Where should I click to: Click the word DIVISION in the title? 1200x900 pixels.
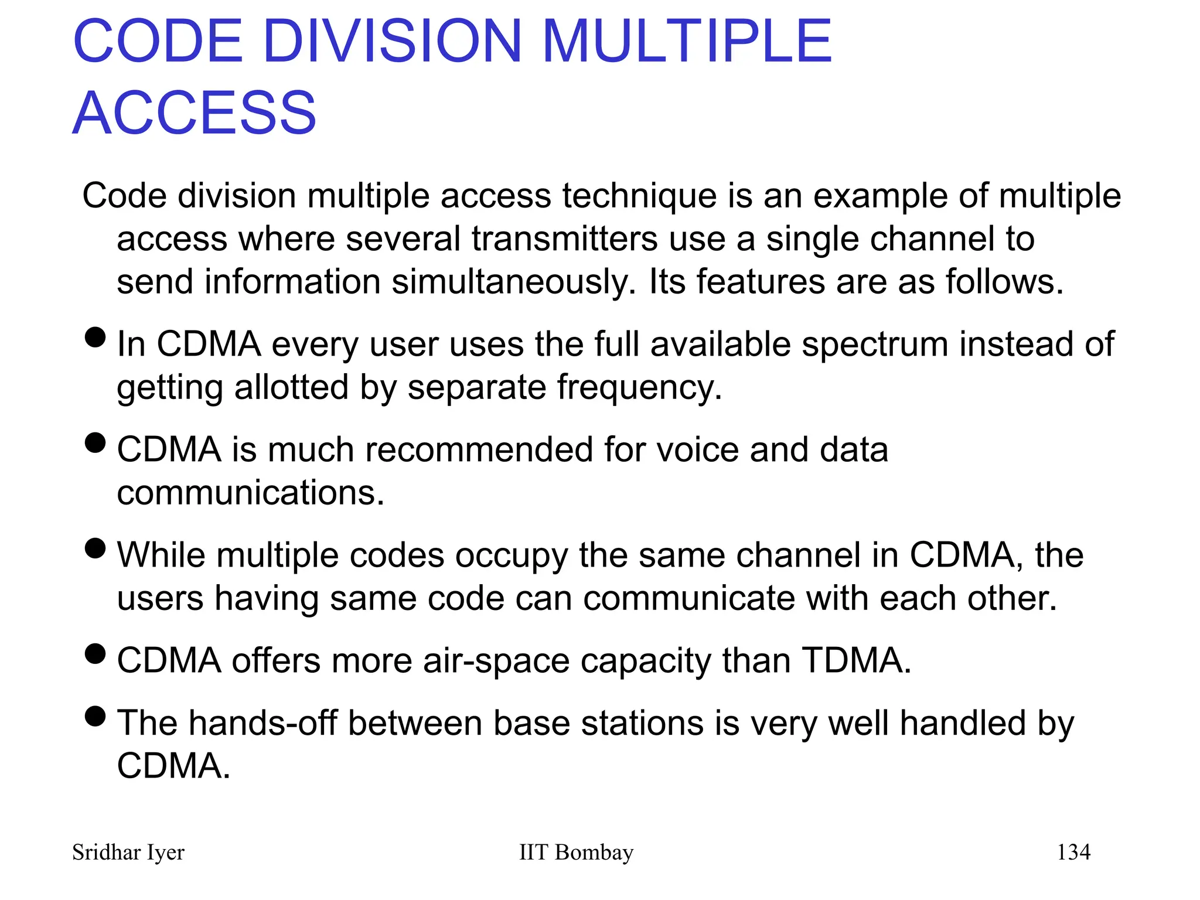(392, 41)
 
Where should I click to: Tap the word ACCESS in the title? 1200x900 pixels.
(195, 112)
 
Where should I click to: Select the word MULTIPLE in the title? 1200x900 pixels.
(687, 41)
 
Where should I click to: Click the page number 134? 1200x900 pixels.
(1073, 852)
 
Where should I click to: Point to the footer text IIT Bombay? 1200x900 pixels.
(576, 852)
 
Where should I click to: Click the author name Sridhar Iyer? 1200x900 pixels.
(128, 852)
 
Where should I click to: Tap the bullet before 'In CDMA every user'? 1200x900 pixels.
(95, 337)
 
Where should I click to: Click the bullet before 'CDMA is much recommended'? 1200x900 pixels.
(95, 442)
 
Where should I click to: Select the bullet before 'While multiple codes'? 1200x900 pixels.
(95, 548)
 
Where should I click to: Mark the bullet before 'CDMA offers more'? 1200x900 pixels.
(95, 653)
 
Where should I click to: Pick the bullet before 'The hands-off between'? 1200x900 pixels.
(95, 716)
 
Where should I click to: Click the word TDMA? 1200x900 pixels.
(855, 660)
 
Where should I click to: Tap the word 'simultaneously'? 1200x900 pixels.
(513, 282)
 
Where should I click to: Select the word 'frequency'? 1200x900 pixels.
(639, 388)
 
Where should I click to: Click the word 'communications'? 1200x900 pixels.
(250, 493)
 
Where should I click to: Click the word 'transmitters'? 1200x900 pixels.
(565, 239)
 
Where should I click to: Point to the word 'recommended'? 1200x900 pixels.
(479, 450)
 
